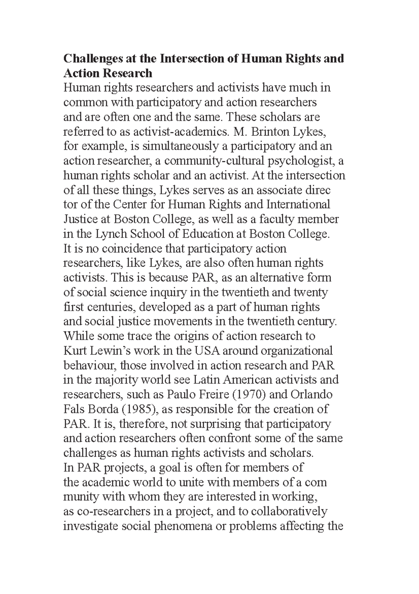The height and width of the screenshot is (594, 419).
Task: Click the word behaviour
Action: (x=89, y=365)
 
